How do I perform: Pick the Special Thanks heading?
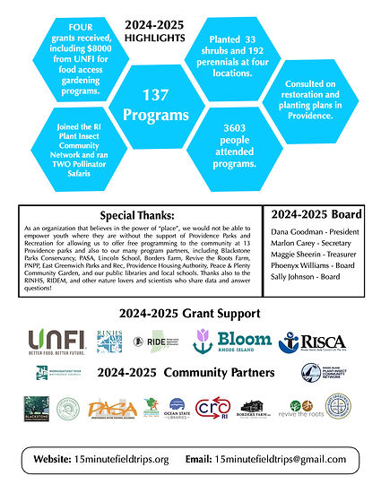pyautogui.click(x=140, y=216)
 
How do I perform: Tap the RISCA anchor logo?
pyautogui.click(x=313, y=342)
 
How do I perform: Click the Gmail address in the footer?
pyautogui.click(x=280, y=459)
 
